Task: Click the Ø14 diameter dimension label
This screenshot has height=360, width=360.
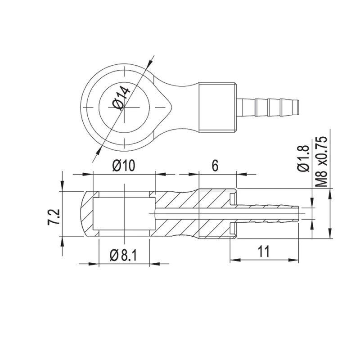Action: pyautogui.click(x=121, y=98)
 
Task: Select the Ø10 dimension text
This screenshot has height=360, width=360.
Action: pyautogui.click(x=123, y=166)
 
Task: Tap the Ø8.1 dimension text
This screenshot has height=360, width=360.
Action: pyautogui.click(x=123, y=256)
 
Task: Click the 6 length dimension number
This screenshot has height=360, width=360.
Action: pyautogui.click(x=215, y=166)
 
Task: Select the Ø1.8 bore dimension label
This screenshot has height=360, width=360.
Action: pyautogui.click(x=303, y=158)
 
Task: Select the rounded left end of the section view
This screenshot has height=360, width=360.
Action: pyautogui.click(x=84, y=214)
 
